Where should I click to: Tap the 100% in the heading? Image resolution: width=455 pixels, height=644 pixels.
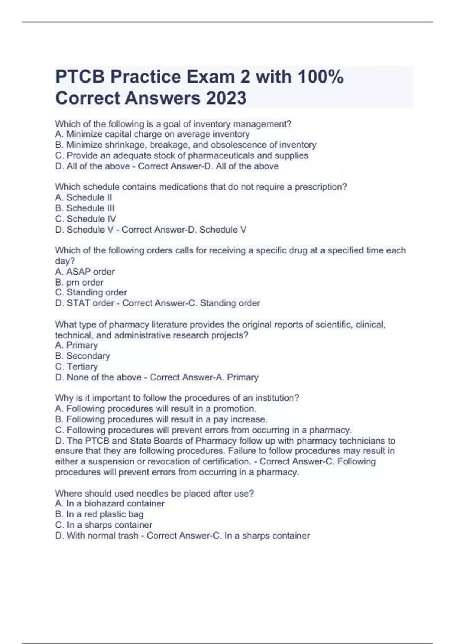pyautogui.click(x=320, y=77)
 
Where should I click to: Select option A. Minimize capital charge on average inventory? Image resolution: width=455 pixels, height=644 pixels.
pyautogui.click(x=152, y=134)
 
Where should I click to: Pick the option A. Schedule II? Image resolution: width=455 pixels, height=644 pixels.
pyautogui.click(x=83, y=197)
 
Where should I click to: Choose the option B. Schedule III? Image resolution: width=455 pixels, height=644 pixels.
pyautogui.click(x=85, y=208)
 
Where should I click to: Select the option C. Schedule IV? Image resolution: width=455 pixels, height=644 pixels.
pyautogui.click(x=85, y=219)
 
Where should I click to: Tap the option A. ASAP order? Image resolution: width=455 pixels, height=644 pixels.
pyautogui.click(x=85, y=272)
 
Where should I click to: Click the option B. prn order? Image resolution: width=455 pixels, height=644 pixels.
pyautogui.click(x=79, y=282)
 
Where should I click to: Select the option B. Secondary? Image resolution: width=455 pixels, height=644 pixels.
pyautogui.click(x=82, y=356)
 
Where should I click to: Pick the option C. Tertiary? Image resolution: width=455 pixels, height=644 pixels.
pyautogui.click(x=76, y=366)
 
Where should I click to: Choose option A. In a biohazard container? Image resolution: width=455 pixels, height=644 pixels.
pyautogui.click(x=110, y=503)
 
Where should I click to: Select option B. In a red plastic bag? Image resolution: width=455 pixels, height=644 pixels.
pyautogui.click(x=99, y=514)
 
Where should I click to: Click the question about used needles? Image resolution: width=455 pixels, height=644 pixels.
pyautogui.click(x=154, y=493)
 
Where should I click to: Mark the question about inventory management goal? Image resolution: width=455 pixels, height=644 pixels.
pyautogui.click(x=173, y=124)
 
